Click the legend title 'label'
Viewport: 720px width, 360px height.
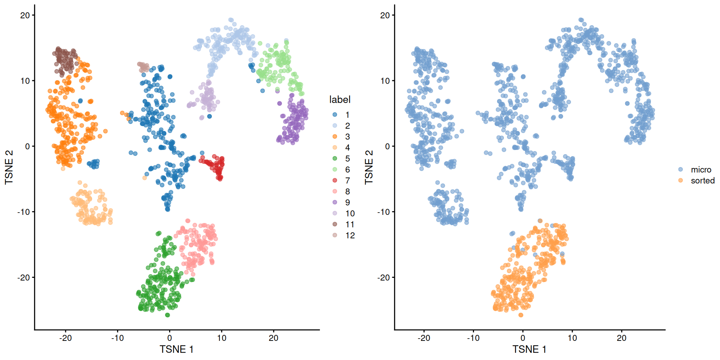pyautogui.click(x=340, y=99)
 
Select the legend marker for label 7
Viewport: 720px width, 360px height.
pyautogui.click(x=335, y=180)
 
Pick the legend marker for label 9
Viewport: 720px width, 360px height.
pyautogui.click(x=335, y=202)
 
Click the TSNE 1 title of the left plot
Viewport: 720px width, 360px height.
pyautogui.click(x=176, y=349)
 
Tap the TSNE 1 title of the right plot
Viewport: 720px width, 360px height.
pyautogui.click(x=529, y=349)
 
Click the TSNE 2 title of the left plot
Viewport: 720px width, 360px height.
pyautogui.click(x=9, y=167)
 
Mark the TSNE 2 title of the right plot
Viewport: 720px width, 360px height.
pyautogui.click(x=369, y=167)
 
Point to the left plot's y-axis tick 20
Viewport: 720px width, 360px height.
pyautogui.click(x=25, y=15)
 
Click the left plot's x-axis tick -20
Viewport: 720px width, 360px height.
pyautogui.click(x=65, y=338)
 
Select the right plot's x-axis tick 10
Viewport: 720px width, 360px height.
pyautogui.click(x=572, y=338)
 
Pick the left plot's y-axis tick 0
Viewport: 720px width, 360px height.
pyautogui.click(x=27, y=146)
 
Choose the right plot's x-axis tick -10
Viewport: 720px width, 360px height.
pyautogui.click(x=473, y=338)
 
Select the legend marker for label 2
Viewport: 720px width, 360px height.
pyautogui.click(x=335, y=126)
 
